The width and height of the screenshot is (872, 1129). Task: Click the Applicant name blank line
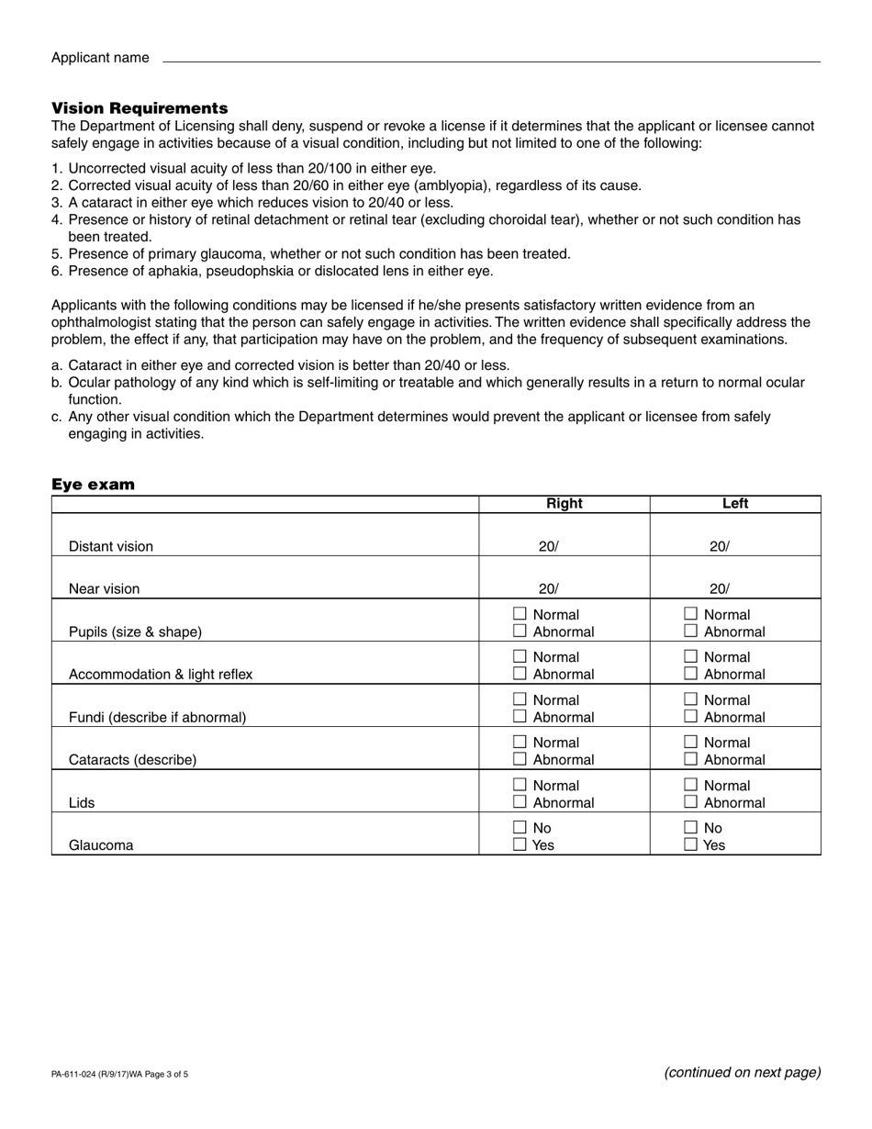click(491, 58)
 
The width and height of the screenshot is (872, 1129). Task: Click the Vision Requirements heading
click(140, 108)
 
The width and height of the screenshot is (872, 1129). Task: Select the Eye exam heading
click(93, 485)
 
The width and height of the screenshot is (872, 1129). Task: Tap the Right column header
click(564, 504)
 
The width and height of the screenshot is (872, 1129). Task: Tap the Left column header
click(735, 504)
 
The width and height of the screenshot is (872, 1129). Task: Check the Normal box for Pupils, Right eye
click(520, 614)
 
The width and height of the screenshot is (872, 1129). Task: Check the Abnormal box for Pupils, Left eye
click(691, 632)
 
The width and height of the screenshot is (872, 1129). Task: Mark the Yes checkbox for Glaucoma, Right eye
click(520, 844)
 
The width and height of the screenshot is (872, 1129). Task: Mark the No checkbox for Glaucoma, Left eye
click(691, 828)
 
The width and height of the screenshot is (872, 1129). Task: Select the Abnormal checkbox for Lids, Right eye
click(520, 802)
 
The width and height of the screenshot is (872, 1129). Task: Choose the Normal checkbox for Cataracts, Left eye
click(691, 743)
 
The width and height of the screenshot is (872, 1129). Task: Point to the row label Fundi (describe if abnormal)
click(157, 717)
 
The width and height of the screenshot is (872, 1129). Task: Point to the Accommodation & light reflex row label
click(161, 675)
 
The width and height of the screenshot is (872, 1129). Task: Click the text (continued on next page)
click(742, 1072)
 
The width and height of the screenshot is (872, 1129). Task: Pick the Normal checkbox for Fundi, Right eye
click(520, 699)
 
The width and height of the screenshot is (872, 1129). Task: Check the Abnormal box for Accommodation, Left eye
click(691, 674)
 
